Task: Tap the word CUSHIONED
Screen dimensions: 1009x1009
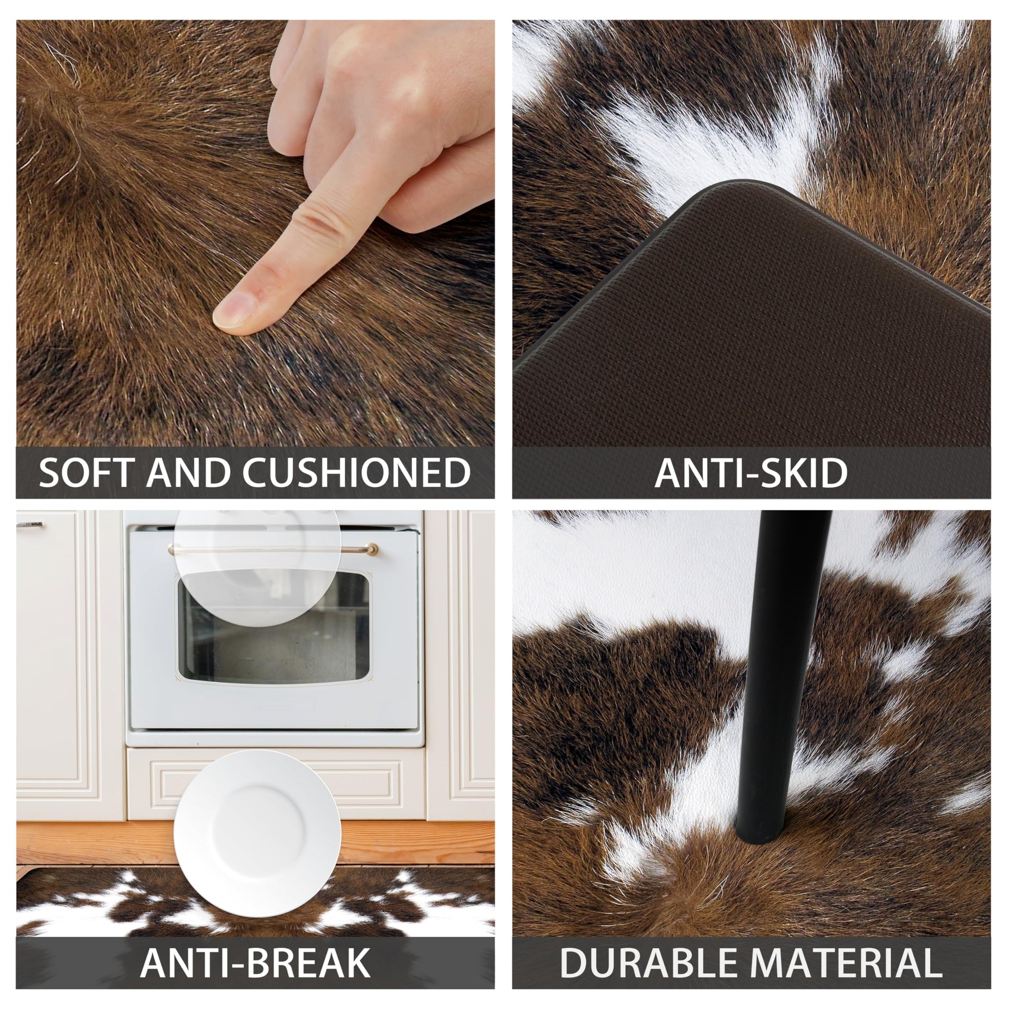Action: tap(356, 473)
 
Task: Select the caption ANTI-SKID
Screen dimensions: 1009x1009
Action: tap(750, 473)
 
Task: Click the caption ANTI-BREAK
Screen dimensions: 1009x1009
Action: tap(255, 962)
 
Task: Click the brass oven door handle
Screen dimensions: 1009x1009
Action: tap(273, 550)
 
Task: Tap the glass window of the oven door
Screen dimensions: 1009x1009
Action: tap(273, 627)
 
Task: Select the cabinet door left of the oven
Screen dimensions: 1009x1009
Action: tap(69, 663)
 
